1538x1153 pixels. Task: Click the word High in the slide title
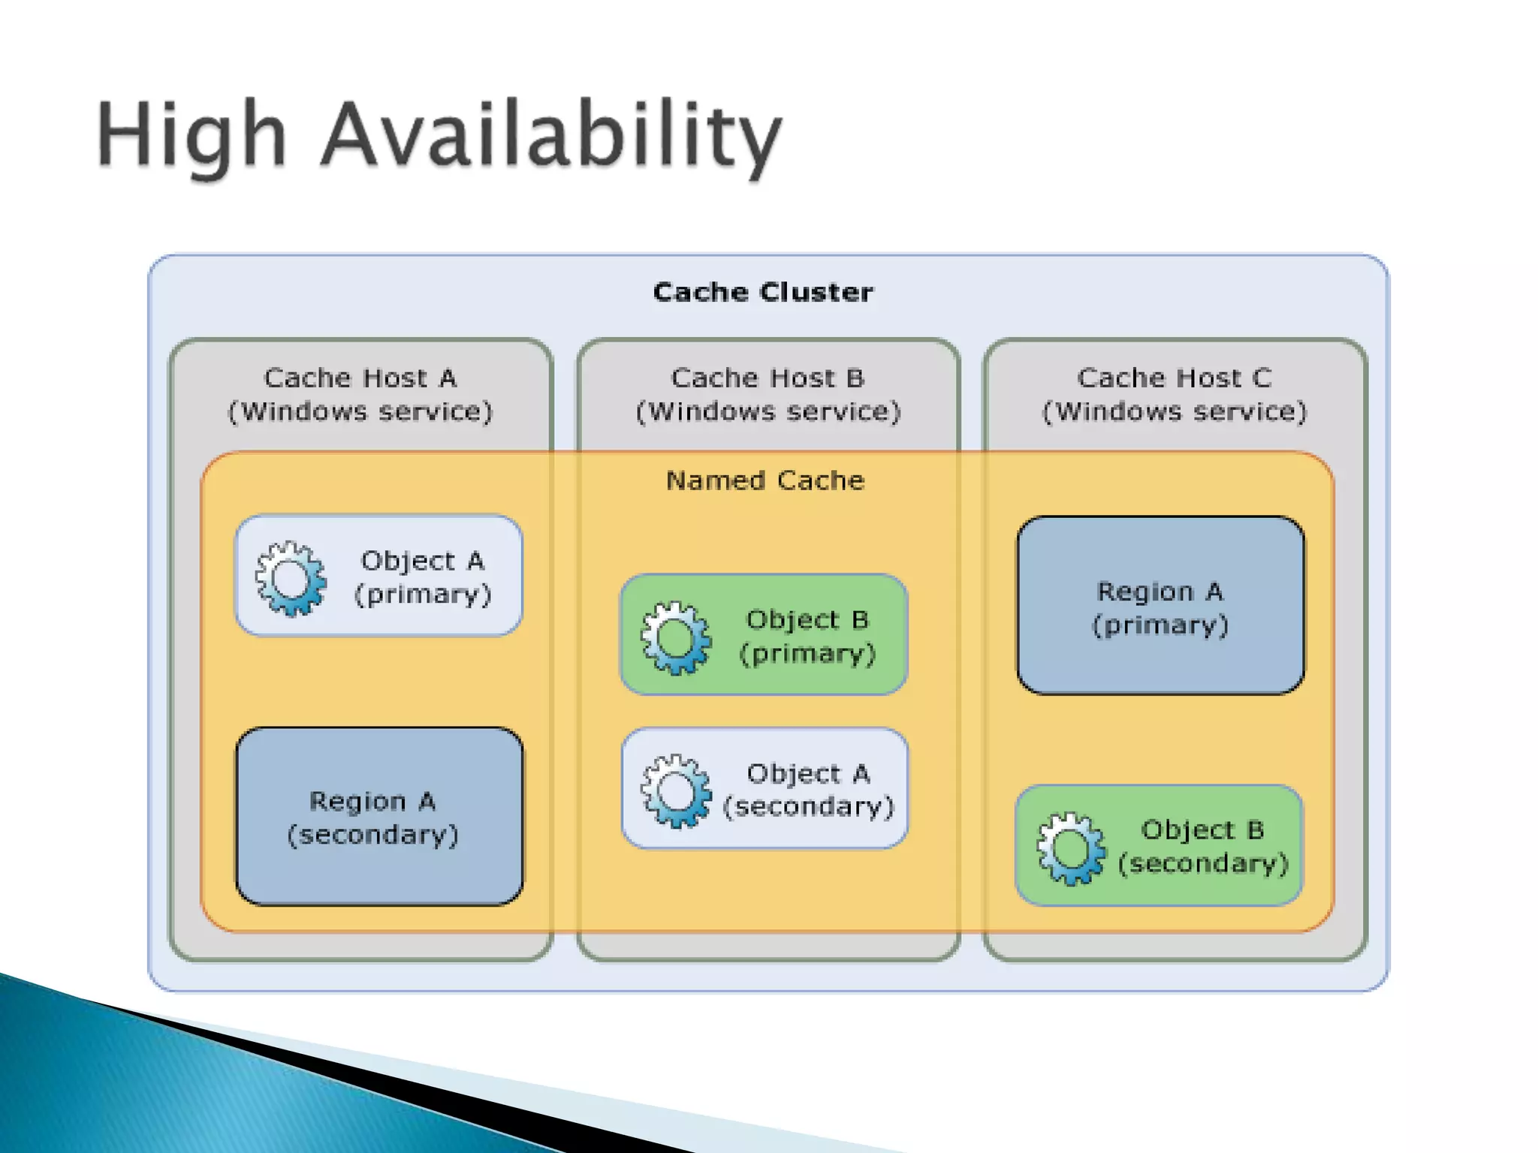191,135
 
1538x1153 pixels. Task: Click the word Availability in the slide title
552,135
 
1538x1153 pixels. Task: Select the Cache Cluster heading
763,292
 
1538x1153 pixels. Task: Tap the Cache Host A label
360,378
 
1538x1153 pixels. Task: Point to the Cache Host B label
767,378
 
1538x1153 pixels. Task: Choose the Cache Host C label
1175,378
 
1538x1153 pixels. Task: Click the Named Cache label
765,480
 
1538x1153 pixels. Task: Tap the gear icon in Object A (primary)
291,579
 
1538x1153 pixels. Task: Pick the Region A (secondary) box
379,817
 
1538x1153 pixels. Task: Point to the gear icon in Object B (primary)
676,638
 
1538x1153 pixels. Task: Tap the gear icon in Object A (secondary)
676,791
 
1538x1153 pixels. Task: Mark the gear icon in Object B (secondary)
1071,848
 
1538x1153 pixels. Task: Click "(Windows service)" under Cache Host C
1175,411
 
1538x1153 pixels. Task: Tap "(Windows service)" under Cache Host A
360,411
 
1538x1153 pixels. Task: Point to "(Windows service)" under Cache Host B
767,411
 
